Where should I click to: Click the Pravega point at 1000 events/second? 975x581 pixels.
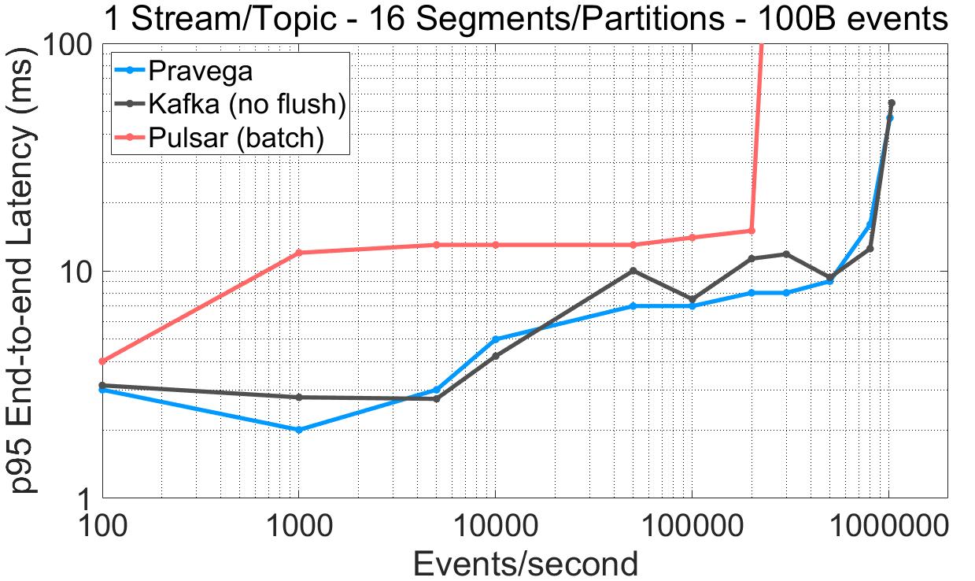298,430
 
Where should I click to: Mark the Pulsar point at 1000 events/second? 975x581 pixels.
298,253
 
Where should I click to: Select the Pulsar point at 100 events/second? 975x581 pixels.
102,361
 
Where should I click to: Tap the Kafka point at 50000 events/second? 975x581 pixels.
633,271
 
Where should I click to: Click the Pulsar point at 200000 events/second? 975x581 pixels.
752,231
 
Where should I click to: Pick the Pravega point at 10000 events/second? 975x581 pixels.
495,339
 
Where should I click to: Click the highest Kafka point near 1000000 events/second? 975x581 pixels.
892,103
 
